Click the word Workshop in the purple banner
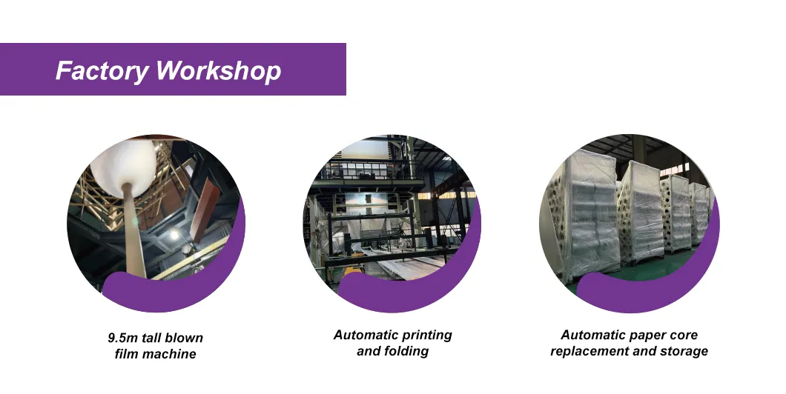(x=218, y=71)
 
